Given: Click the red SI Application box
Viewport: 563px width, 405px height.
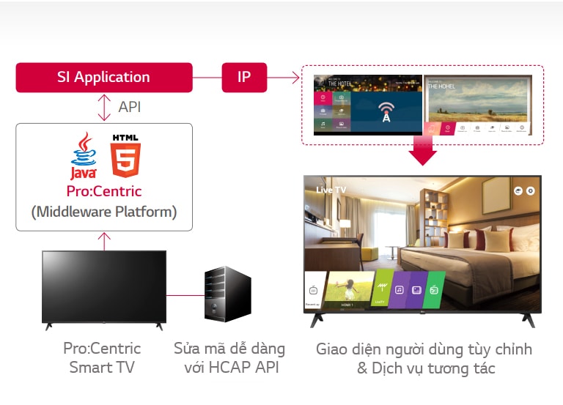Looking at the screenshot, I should pyautogui.click(x=103, y=78).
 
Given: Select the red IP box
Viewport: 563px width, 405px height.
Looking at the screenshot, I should pyautogui.click(x=244, y=78).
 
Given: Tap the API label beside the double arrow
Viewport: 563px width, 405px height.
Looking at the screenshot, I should pyautogui.click(x=129, y=107).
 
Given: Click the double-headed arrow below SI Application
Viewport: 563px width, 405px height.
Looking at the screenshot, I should pyautogui.click(x=104, y=108).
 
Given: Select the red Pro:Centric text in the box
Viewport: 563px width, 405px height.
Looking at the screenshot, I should pyautogui.click(x=103, y=191).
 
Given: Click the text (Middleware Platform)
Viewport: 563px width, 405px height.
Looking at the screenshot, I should pyautogui.click(x=103, y=212).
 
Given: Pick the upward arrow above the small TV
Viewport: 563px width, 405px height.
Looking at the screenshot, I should pyautogui.click(x=104, y=240).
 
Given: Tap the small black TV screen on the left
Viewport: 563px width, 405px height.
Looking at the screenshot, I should pyautogui.click(x=103, y=286).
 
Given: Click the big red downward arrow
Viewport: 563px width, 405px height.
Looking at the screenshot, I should pyautogui.click(x=423, y=150).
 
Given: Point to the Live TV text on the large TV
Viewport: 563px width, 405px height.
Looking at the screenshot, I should pyautogui.click(x=331, y=190).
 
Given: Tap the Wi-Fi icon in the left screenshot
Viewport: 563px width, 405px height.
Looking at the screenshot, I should pyautogui.click(x=385, y=109).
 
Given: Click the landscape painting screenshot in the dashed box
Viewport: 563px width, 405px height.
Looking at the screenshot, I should pyautogui.click(x=477, y=103).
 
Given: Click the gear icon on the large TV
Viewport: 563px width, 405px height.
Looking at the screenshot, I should pyautogui.click(x=530, y=190).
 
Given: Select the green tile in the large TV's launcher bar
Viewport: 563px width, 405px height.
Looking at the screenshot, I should pyautogui.click(x=435, y=290).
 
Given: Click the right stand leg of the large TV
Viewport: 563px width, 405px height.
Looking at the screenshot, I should pyautogui.click(x=526, y=320).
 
